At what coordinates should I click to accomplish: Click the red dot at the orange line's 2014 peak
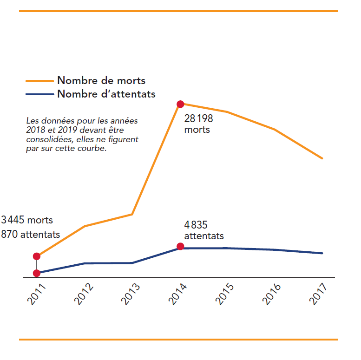pos(180,104)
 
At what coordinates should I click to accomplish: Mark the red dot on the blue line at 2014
pos(180,246)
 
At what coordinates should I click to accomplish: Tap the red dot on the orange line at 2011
pos(37,256)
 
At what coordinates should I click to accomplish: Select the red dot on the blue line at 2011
pos(37,273)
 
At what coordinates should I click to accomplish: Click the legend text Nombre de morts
pos(101,80)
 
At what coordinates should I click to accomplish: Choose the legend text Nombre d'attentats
pos(106,94)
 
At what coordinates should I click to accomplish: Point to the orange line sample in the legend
pos(39,81)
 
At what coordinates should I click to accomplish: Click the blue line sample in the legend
pos(39,94)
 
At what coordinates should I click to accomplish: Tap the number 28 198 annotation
pos(198,118)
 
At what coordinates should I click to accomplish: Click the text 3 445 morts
pos(27,220)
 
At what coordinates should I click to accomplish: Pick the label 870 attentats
pos(30,234)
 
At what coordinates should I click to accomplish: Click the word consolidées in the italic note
pos(47,139)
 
